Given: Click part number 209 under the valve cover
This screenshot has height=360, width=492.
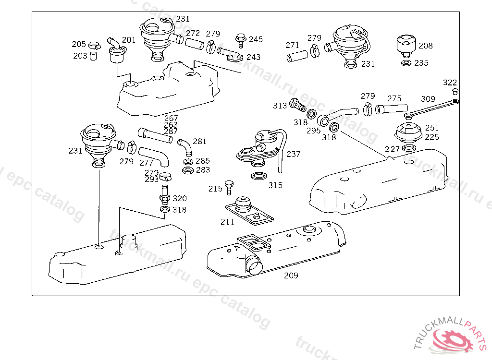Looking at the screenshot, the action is pos(291,276).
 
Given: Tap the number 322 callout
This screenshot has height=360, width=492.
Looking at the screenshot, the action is pos(450,83).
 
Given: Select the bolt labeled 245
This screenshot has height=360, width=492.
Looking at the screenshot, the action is pos(241,40).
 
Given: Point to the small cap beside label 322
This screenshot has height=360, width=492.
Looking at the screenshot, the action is pos(455,91).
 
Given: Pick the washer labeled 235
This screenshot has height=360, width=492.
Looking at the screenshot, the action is pos(406,63).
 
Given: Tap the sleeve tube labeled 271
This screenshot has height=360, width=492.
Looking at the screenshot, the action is pos(297,56).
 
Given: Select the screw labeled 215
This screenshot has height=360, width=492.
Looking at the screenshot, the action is pos(229,187).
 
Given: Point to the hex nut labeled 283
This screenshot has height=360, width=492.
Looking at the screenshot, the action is pos(188,170).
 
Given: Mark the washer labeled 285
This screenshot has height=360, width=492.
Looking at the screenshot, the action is pos(188,162).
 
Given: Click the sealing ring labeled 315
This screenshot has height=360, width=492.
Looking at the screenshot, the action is pos(259,176).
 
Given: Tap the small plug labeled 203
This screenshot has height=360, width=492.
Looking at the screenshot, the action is pos(93,56).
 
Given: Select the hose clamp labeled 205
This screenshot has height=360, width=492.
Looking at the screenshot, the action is pos(95,46).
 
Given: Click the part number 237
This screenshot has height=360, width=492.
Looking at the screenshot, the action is pos(293,154).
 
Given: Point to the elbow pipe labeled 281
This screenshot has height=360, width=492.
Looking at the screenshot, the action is pos(185,147).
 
